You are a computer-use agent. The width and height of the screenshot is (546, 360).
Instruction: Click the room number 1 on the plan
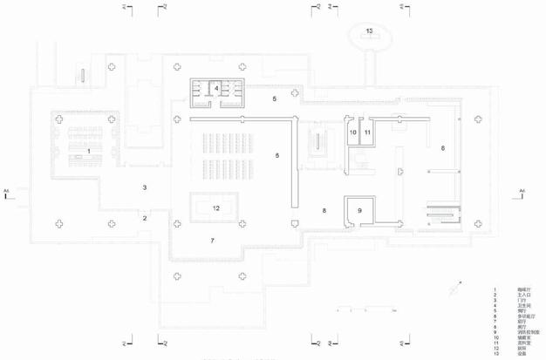coord(89,152)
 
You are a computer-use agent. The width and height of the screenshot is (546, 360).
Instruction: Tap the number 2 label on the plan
coord(145,219)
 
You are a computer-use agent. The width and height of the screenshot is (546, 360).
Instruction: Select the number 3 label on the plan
coord(145,187)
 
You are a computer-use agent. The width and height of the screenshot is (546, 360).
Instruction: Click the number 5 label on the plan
coord(274,100)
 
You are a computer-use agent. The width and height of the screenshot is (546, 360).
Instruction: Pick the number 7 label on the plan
coord(211,239)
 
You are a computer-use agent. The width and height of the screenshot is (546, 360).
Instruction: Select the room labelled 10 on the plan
coord(353,132)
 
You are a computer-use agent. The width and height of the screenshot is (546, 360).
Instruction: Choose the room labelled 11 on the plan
coord(368,132)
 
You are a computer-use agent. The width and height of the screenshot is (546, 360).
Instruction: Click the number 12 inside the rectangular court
coord(216,207)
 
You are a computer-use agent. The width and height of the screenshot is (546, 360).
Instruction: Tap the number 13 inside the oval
coord(370,31)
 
